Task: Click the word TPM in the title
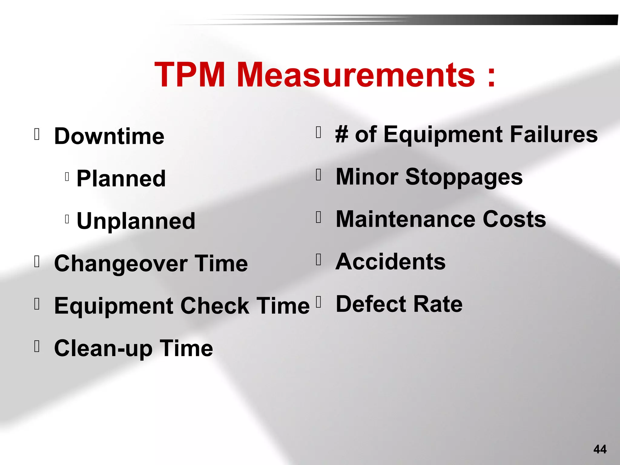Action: click(190, 75)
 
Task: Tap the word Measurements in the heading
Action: click(356, 75)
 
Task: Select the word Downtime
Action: click(109, 136)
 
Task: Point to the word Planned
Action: click(121, 179)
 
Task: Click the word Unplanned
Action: click(136, 221)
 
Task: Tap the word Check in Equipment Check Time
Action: click(215, 306)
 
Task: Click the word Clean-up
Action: click(103, 348)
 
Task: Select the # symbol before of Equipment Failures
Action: click(342, 134)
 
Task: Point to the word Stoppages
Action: click(464, 177)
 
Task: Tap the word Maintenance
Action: click(406, 219)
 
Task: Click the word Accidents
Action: click(391, 262)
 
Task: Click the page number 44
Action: click(600, 449)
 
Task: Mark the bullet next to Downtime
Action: click(37, 134)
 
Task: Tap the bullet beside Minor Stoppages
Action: click(318, 175)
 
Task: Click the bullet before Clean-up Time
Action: click(37, 346)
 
